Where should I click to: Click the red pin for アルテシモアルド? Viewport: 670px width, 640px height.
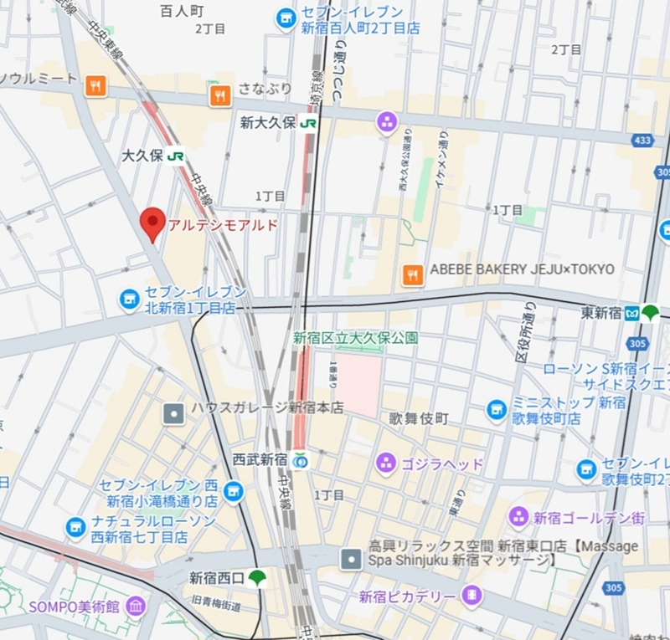152,222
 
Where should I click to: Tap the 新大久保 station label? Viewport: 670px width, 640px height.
268,123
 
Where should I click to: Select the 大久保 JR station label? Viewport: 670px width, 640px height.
142,156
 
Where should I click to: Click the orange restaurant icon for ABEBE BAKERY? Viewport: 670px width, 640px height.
412,274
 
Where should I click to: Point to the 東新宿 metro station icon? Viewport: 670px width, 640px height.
650,313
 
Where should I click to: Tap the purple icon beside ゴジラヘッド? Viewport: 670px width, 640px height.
386,463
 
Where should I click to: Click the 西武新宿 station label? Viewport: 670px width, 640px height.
260,460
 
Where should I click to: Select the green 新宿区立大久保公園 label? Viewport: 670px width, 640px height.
355,338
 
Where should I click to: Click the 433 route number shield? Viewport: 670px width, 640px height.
642,141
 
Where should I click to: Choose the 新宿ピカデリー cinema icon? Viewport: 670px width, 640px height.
472,596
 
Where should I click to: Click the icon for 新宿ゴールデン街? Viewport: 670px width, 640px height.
518,516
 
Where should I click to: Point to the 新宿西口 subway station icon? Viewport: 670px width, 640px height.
258,577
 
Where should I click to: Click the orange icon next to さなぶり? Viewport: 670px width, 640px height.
220,95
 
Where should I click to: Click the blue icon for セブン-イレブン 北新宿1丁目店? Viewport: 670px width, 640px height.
129,299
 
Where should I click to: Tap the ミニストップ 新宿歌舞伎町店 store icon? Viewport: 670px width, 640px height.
497,410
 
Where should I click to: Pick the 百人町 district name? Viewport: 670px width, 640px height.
182,11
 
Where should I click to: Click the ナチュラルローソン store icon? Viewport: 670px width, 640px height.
76,527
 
